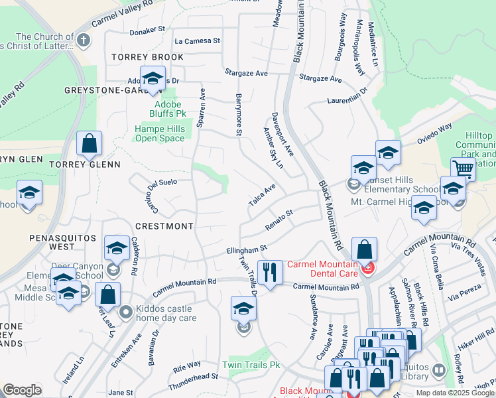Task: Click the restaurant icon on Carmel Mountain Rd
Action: (x=270, y=272)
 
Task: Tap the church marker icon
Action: (x=83, y=40)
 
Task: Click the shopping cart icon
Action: (x=463, y=168)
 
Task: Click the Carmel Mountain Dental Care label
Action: (x=320, y=268)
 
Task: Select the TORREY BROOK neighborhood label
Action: (x=147, y=58)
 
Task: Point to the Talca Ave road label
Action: (x=261, y=195)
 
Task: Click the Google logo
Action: (x=22, y=390)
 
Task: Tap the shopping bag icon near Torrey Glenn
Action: (x=89, y=143)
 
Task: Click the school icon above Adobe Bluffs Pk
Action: (x=153, y=78)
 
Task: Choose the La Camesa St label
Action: (x=197, y=41)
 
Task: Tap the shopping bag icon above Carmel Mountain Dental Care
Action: (x=364, y=249)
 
